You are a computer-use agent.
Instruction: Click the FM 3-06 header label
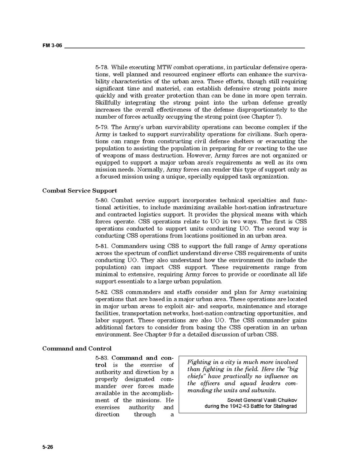click(x=52, y=46)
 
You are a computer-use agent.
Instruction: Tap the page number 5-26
click(x=48, y=447)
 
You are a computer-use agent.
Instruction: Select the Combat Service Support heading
click(x=80, y=191)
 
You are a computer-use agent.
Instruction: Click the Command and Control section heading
click(x=77, y=349)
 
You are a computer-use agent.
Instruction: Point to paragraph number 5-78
click(x=102, y=68)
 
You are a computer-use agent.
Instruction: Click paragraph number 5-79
click(x=102, y=127)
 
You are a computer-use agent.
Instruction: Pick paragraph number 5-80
click(x=102, y=200)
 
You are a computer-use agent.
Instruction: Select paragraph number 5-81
click(x=102, y=246)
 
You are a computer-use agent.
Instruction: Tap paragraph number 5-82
click(x=102, y=292)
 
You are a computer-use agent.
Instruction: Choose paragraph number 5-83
click(x=102, y=358)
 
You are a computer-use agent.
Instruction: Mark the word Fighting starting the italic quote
click(x=199, y=362)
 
